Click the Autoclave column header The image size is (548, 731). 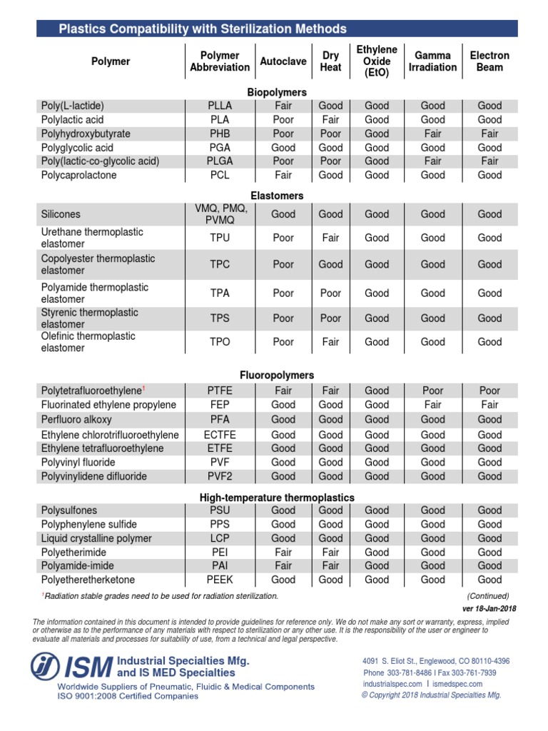283,61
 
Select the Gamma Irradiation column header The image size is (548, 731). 432,61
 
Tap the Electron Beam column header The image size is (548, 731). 489,61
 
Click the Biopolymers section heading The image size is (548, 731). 277,92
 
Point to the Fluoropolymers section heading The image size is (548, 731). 277,375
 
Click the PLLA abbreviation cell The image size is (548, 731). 220,106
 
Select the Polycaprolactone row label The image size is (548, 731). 78,175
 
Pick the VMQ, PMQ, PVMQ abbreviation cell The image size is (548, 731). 220,214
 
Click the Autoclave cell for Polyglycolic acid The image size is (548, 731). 283,147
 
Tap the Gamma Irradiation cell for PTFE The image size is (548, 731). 432,390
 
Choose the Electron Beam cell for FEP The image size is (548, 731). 489,405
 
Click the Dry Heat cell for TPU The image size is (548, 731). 330,238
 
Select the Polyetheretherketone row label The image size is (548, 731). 88,580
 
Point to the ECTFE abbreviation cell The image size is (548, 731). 220,435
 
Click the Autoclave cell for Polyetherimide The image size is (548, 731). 283,552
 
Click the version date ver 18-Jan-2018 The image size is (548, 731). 489,609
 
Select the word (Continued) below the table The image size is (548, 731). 488,596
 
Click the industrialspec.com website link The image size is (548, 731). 392,684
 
